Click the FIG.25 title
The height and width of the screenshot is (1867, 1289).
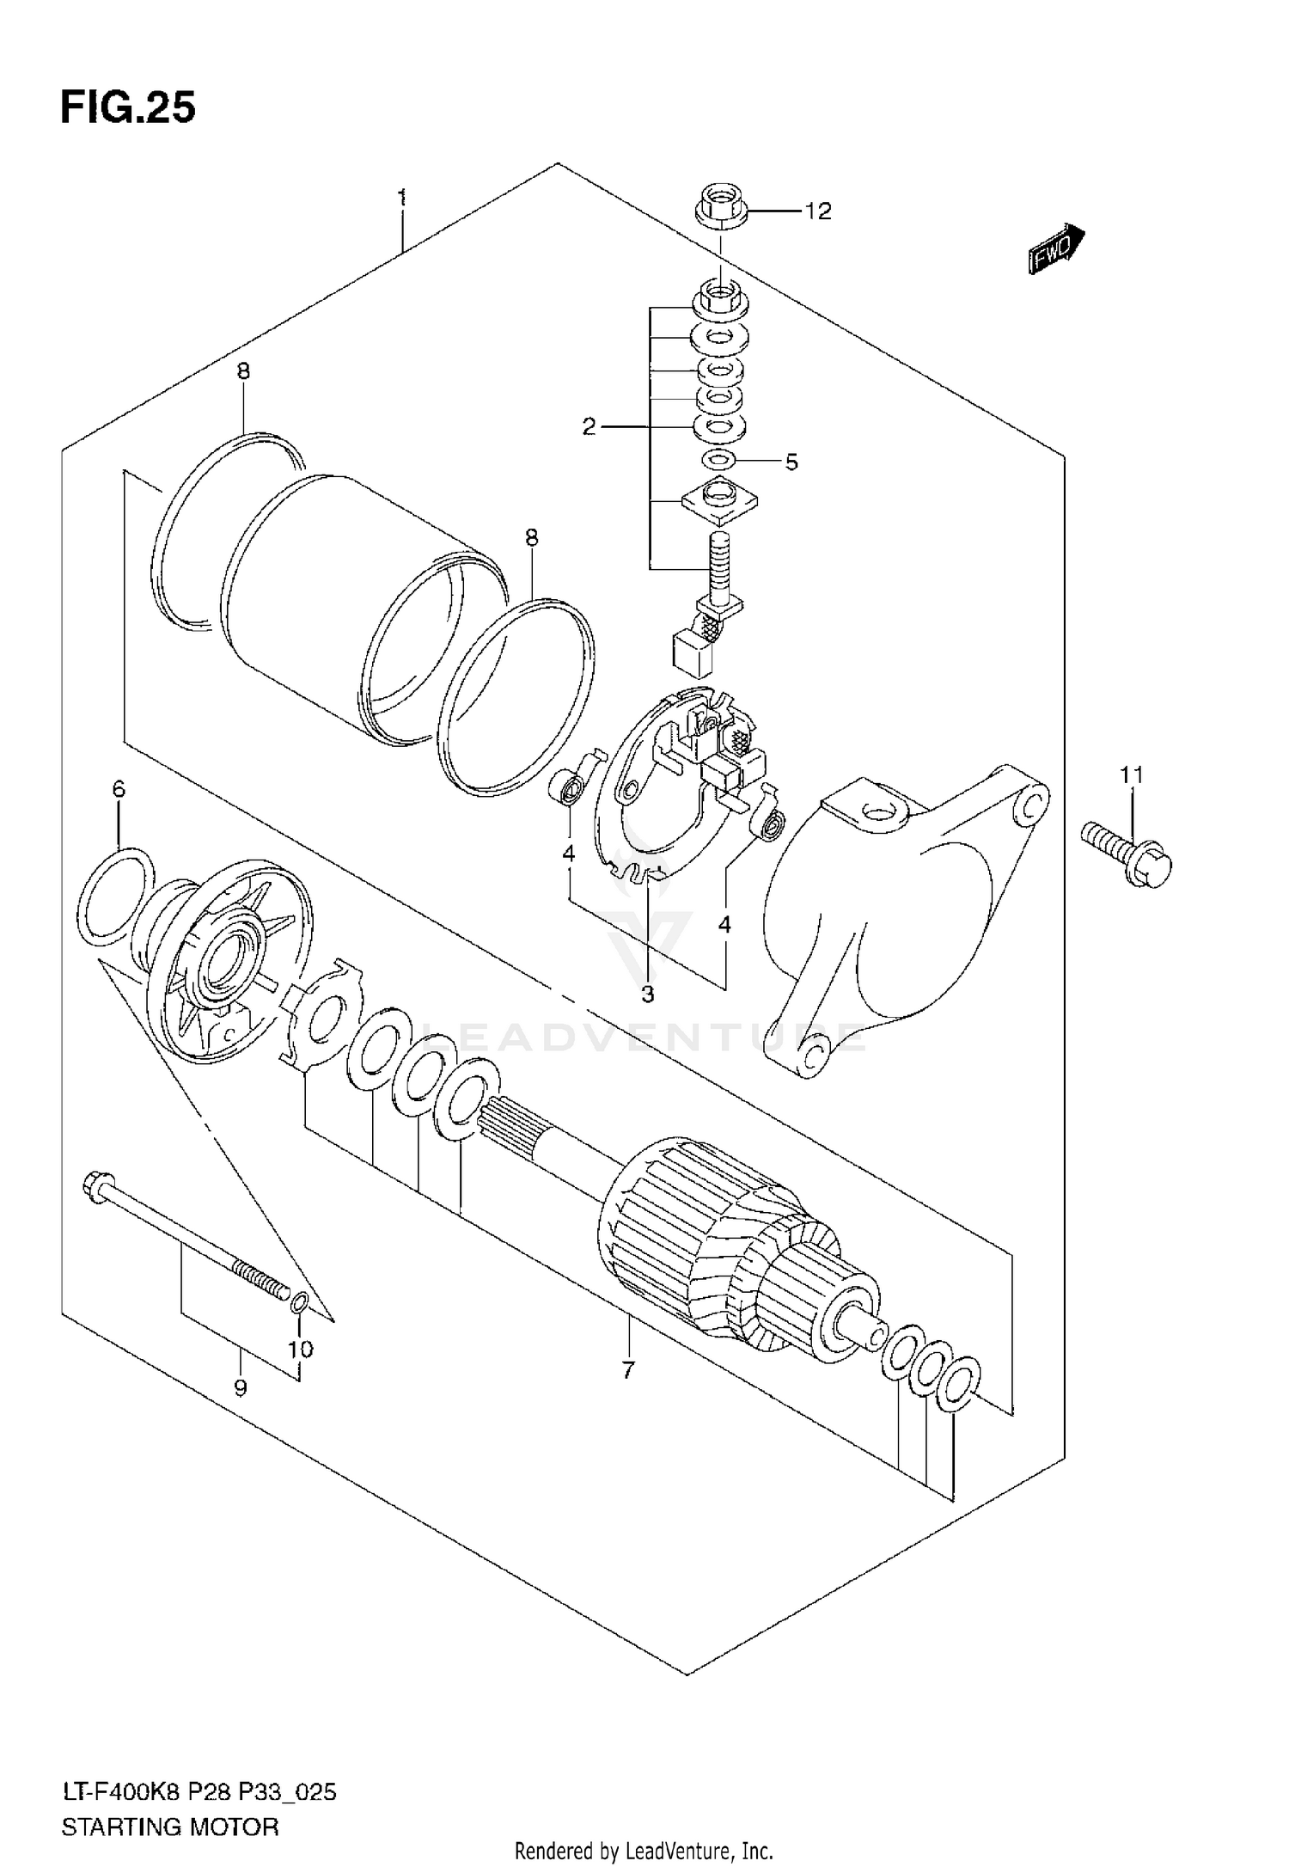coord(128,108)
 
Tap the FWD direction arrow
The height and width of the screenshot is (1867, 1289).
coord(1055,250)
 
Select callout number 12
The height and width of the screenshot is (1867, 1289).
coord(818,211)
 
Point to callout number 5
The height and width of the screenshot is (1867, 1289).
coord(791,462)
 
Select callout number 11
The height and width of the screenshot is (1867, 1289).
coord(1132,775)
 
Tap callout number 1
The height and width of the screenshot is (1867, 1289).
coord(402,198)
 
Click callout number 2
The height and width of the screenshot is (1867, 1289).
coord(589,426)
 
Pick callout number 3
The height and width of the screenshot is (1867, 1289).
coord(647,995)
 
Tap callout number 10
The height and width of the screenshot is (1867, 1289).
coord(300,1350)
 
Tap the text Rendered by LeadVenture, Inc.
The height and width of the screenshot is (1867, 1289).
coord(644,1852)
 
